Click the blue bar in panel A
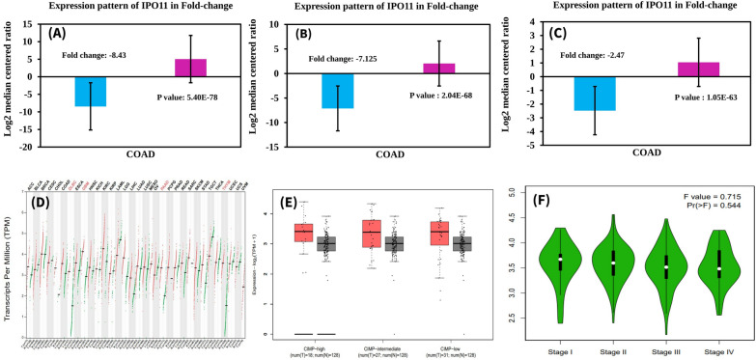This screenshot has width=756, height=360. [x=91, y=90]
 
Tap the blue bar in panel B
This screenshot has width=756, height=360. [x=337, y=91]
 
